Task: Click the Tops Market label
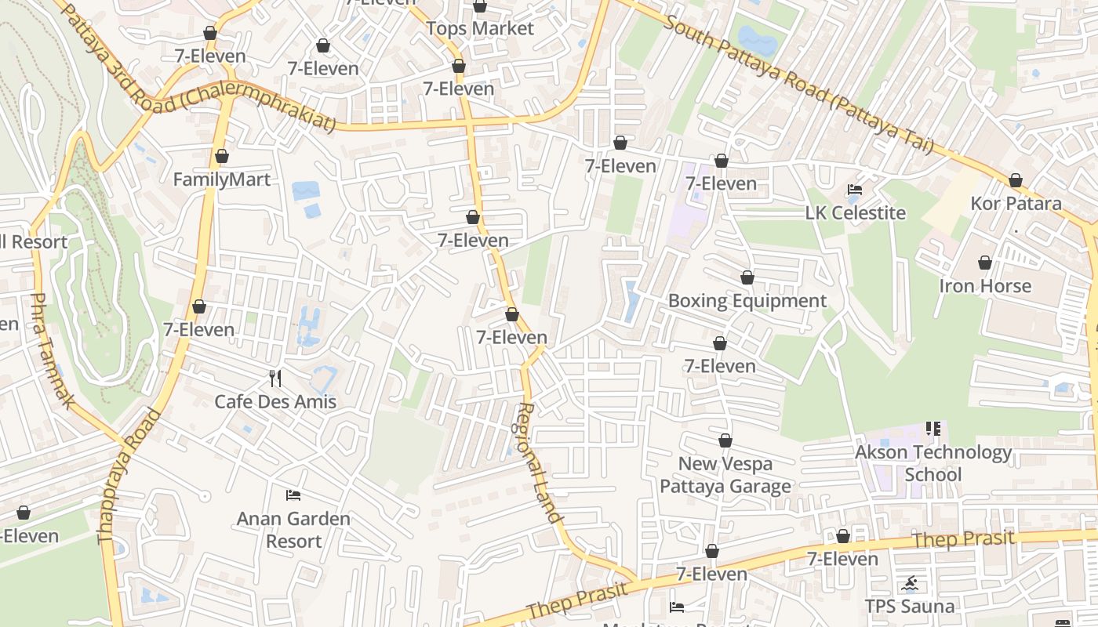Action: (480, 29)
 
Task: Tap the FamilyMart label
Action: (222, 179)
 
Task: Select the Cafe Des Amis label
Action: (275, 402)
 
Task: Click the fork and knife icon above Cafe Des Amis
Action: (275, 379)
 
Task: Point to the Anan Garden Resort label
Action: (293, 530)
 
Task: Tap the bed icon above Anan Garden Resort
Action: (293, 495)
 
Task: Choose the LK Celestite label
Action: (856, 213)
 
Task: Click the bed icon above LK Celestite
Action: (855, 190)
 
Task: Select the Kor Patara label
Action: (1016, 204)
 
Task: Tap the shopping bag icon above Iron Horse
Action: (985, 263)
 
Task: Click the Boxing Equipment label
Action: (747, 301)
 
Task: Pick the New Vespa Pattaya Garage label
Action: (725, 475)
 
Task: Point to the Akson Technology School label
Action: (933, 463)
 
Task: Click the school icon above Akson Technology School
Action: (933, 429)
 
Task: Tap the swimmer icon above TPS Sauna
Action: (911, 584)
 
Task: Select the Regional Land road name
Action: (540, 462)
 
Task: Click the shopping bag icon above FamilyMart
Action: (222, 156)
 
